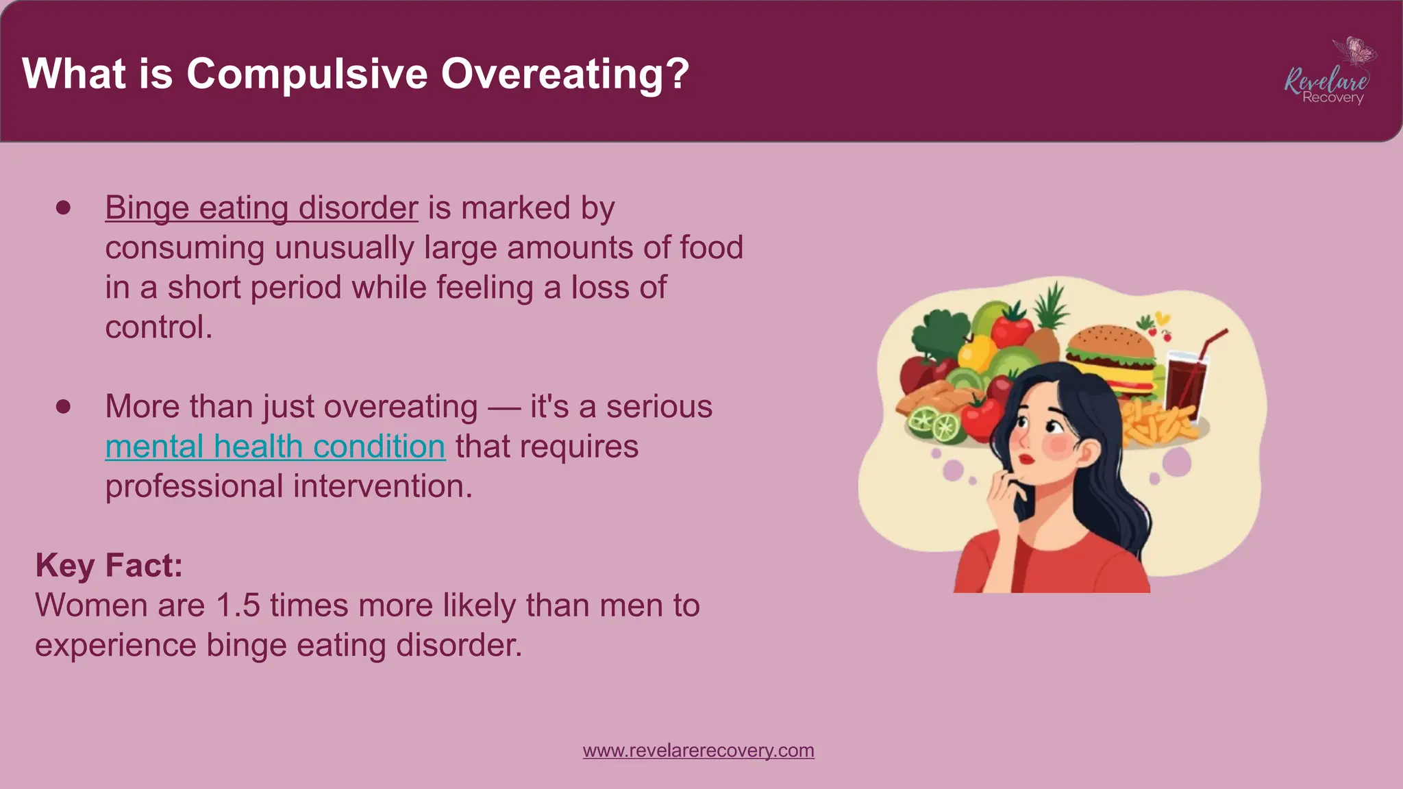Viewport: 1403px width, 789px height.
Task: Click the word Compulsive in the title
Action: pos(307,74)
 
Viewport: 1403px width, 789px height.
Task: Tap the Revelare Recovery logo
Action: pos(1328,75)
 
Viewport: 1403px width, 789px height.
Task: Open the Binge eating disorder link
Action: pos(261,208)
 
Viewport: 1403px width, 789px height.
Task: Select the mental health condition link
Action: pos(275,447)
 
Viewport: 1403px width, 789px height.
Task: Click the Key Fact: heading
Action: pos(109,566)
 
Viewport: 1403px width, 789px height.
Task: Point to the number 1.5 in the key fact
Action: pos(238,605)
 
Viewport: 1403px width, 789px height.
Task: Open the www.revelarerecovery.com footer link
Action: pos(698,751)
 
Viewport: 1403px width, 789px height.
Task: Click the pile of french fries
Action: pos(1158,421)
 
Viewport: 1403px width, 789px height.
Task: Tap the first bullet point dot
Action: pos(64,208)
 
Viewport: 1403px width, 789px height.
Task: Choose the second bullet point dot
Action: pos(64,407)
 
